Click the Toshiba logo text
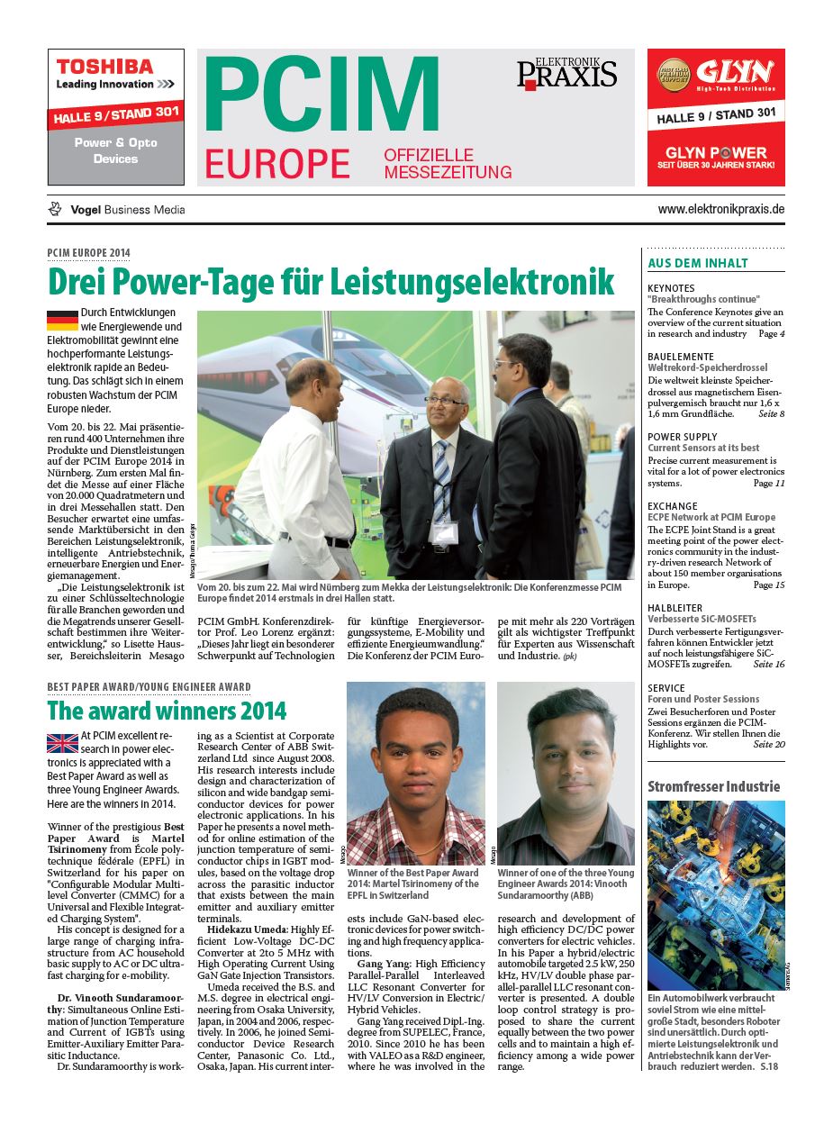(105, 67)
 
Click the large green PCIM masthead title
(321, 97)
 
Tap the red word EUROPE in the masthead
(276, 164)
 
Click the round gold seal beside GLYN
(674, 76)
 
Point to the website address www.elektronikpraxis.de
(721, 209)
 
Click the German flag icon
(62, 319)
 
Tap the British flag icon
(62, 742)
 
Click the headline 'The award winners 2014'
(167, 711)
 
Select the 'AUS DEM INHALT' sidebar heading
(698, 263)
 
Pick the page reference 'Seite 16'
(768, 664)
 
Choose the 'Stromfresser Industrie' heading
(713, 786)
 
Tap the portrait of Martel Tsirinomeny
(415, 773)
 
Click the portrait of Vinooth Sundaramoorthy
(566, 773)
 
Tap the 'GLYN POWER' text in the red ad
(715, 152)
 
